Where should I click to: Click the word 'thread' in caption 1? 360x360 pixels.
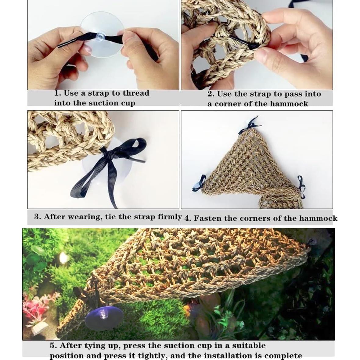tap(136, 93)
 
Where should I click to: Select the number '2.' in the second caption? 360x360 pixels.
tap(211, 94)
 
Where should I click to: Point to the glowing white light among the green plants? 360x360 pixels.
tap(63, 258)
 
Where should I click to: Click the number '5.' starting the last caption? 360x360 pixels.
tap(53, 346)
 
